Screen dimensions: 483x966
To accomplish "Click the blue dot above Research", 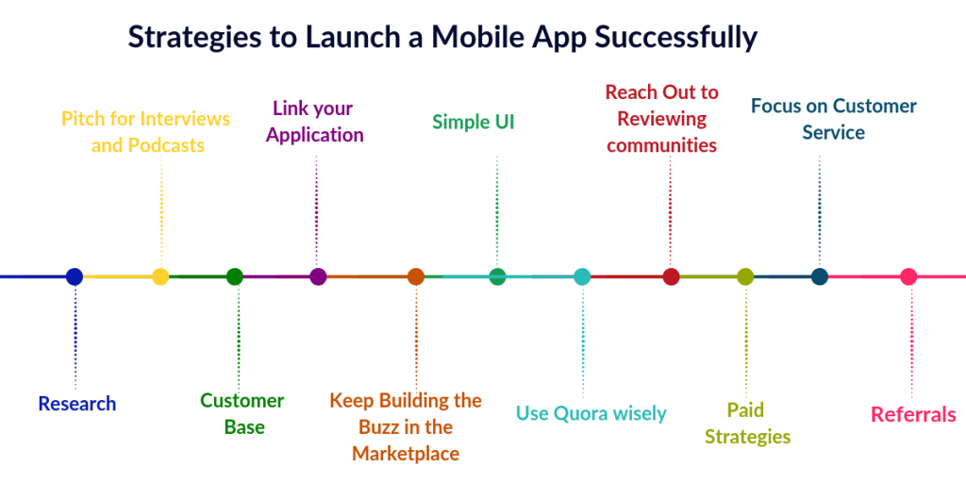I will [75, 276].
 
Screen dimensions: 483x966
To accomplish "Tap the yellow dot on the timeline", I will [160, 276].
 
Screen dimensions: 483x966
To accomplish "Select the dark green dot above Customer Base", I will [235, 276].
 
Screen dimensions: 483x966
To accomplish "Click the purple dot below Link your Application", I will [318, 276].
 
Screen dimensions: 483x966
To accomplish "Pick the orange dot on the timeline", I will [416, 276].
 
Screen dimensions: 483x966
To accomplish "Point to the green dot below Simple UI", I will [497, 276].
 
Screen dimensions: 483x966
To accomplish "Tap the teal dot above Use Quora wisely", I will [582, 276].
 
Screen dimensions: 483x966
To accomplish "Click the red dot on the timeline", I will [671, 276].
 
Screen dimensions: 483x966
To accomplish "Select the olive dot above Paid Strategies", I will [745, 276].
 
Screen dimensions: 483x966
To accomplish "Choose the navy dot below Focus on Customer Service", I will [820, 276].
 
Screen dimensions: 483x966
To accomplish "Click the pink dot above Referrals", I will [908, 276].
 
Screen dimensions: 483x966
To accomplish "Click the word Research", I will [77, 404].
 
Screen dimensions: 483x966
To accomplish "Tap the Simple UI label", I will [474, 122].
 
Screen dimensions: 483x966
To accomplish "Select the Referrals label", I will [913, 414].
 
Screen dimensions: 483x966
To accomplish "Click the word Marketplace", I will [406, 454].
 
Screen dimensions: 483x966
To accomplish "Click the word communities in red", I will [662, 145].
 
